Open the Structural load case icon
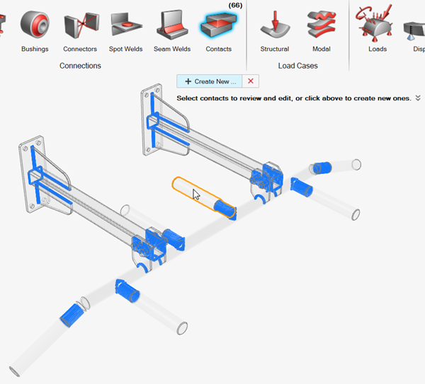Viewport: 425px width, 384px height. point(274,25)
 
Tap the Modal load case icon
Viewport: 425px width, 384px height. point(322,25)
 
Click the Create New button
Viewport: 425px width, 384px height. point(210,81)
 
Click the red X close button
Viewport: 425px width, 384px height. point(251,81)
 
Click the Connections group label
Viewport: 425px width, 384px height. point(80,66)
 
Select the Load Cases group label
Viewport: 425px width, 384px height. point(297,66)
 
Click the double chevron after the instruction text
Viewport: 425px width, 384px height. point(418,98)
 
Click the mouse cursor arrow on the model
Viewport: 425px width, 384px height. point(196,194)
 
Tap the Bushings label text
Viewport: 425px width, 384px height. point(35,49)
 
